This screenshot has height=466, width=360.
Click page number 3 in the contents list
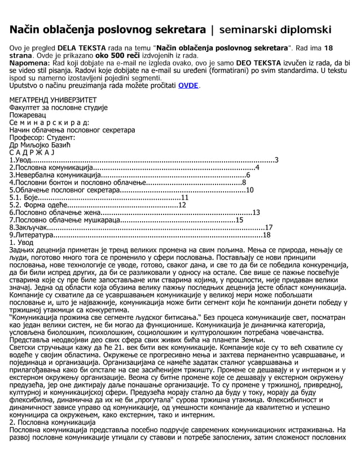coord(276,160)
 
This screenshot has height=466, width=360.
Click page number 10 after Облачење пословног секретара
coord(249,190)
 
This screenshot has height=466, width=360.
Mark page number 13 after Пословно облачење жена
coord(256,213)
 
